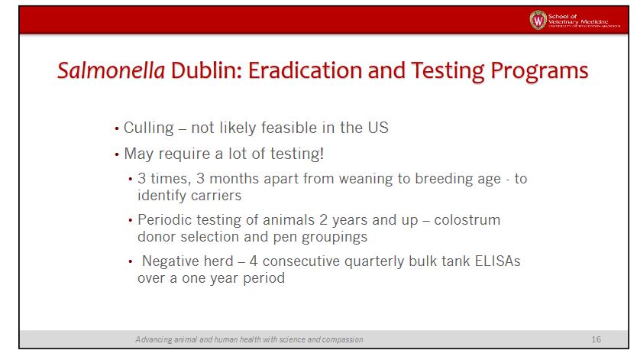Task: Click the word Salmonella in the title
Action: pos(111,70)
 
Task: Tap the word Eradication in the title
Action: pos(305,70)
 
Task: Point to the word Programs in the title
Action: pos(539,71)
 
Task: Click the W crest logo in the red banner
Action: pos(538,20)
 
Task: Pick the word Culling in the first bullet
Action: pos(149,128)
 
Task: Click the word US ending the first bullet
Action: pos(378,128)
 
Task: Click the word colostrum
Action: pos(467,220)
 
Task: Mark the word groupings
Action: pos(335,237)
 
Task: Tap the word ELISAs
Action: pos(497,261)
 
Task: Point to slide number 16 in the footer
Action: pos(596,339)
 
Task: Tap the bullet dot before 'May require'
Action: pos(117,154)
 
